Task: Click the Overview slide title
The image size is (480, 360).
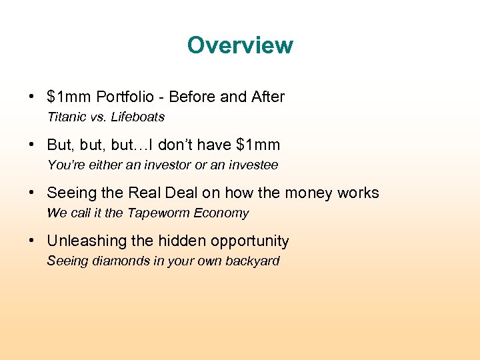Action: point(240,45)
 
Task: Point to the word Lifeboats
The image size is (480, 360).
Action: point(138,117)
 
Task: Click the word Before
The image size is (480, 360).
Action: point(193,97)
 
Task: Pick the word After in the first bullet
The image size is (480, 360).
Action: point(267,97)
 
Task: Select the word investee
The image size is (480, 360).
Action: point(253,165)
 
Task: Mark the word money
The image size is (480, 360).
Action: point(309,193)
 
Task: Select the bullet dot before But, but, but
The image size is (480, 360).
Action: point(33,145)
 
